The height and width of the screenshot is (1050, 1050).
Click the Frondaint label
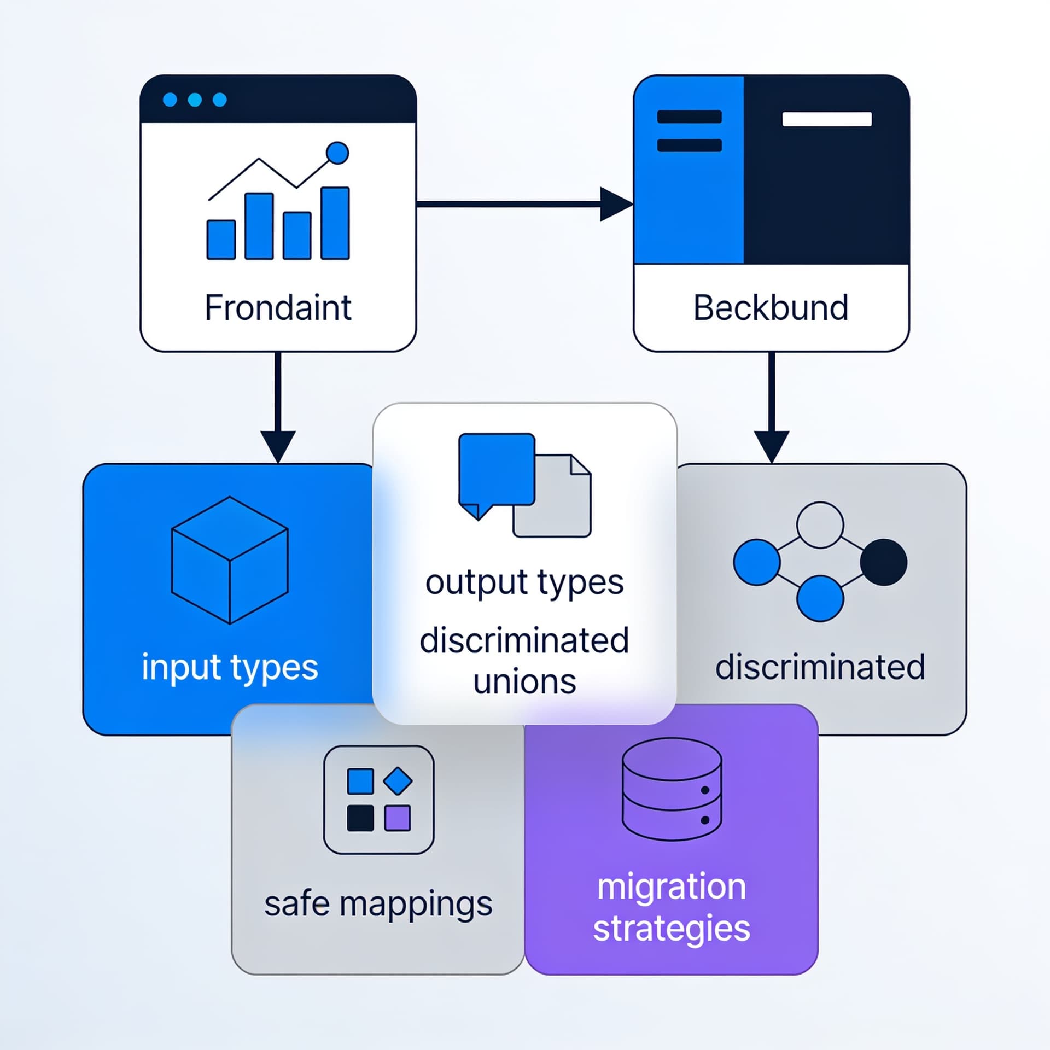pyautogui.click(x=278, y=308)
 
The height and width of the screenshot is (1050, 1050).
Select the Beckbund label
pyautogui.click(x=771, y=308)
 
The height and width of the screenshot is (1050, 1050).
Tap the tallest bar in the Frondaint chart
pyautogui.click(x=335, y=223)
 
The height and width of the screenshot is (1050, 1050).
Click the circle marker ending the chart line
pyautogui.click(x=337, y=153)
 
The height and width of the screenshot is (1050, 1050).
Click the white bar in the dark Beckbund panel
pyautogui.click(x=827, y=119)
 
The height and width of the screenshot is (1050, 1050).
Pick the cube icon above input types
pyautogui.click(x=230, y=560)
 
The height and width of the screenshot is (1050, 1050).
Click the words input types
pyautogui.click(x=230, y=668)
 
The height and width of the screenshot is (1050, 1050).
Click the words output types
pyautogui.click(x=524, y=583)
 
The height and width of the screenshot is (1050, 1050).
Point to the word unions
pyautogui.click(x=524, y=682)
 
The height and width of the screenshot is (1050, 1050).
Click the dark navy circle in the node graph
pyautogui.click(x=884, y=562)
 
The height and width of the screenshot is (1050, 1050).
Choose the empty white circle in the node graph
pyautogui.click(x=820, y=525)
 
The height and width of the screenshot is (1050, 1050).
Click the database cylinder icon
pyautogui.click(x=672, y=789)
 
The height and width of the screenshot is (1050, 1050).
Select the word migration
pyautogui.click(x=672, y=887)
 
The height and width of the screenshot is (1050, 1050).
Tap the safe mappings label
pyautogui.click(x=378, y=904)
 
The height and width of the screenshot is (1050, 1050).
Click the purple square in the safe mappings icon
pyautogui.click(x=398, y=818)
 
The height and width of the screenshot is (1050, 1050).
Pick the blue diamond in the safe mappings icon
pyautogui.click(x=398, y=781)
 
